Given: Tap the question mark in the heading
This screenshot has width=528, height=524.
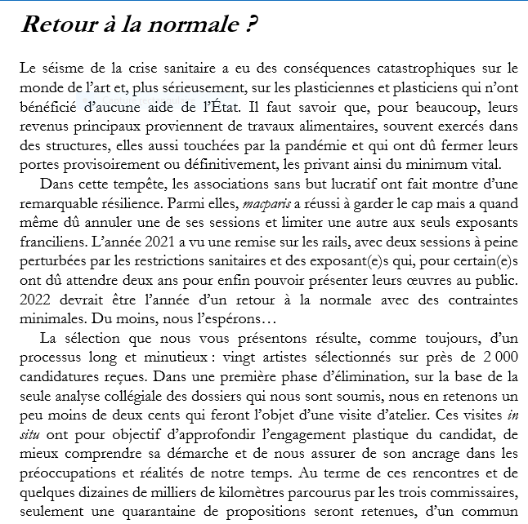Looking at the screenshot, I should click(252, 24).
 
